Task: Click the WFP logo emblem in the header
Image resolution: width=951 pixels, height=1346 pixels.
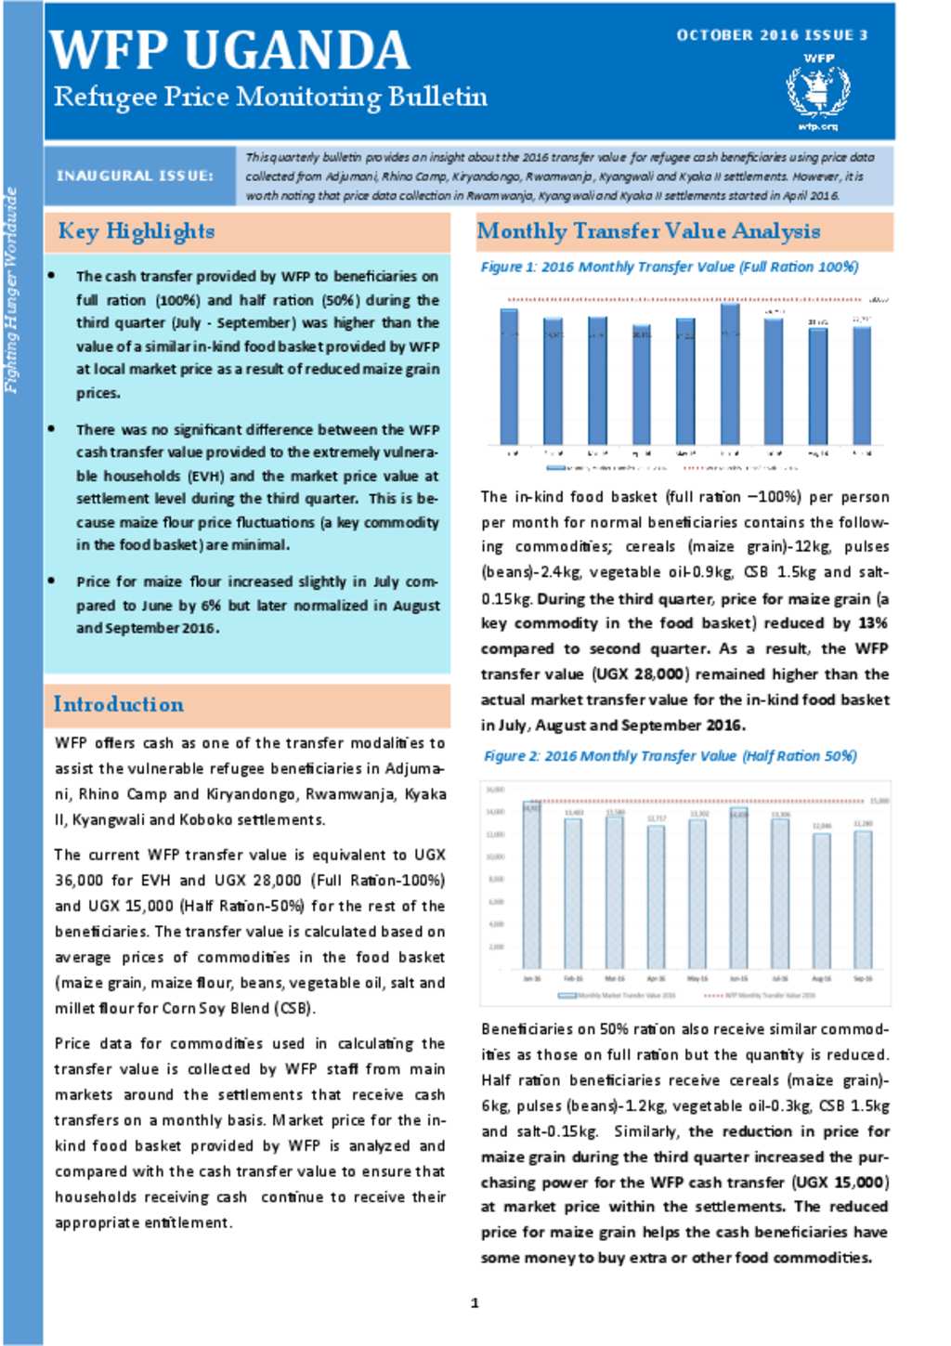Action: point(817,90)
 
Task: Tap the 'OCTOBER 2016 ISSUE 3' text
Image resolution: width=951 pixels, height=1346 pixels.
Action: point(772,35)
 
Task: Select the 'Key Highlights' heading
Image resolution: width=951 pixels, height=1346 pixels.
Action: point(137,231)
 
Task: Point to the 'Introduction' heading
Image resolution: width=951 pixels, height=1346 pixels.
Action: point(118,704)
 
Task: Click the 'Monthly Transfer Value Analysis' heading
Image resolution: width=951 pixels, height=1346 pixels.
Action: point(648,231)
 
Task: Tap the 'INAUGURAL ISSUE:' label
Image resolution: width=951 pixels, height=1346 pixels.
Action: point(135,176)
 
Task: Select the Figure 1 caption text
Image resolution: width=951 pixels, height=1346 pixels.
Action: point(669,268)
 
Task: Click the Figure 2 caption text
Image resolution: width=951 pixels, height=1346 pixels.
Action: point(670,756)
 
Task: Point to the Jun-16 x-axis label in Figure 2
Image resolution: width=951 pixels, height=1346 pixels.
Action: point(738,979)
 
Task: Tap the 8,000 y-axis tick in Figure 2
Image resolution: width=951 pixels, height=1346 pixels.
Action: point(496,879)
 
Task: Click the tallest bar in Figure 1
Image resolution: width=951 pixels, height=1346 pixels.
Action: point(731,373)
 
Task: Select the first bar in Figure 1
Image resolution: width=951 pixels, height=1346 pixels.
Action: point(509,376)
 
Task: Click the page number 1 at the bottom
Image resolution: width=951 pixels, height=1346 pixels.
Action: point(475,1303)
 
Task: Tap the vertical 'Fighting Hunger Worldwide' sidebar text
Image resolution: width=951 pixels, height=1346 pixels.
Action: point(12,290)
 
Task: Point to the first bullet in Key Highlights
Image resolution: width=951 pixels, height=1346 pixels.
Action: point(52,276)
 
